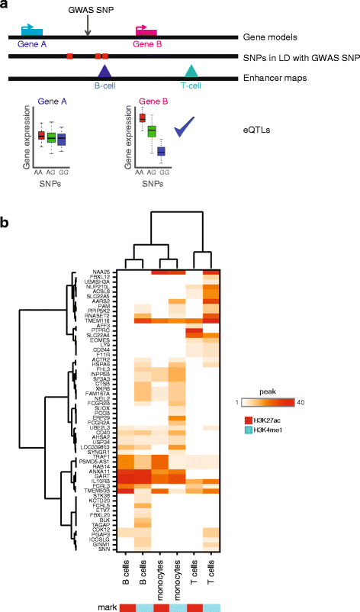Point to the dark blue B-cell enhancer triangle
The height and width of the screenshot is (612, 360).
point(104,72)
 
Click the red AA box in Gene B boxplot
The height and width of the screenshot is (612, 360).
point(141,118)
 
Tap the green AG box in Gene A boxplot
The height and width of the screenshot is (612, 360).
point(51,138)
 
